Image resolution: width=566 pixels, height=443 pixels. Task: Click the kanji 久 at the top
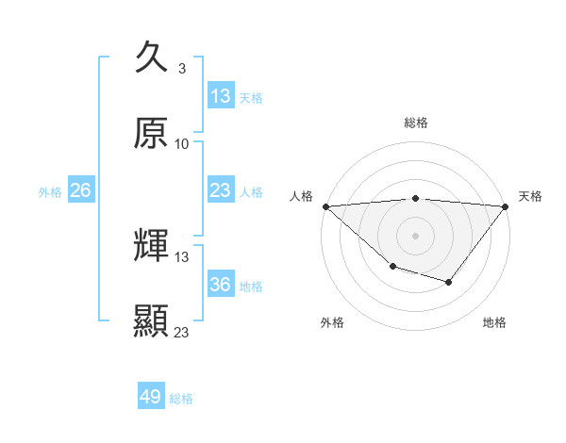tap(151, 58)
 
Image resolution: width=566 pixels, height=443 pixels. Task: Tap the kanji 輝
tap(151, 246)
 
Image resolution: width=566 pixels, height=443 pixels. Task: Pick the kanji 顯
tap(151, 320)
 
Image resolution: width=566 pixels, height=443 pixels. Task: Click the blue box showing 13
tap(220, 95)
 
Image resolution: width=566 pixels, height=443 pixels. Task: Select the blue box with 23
tap(220, 190)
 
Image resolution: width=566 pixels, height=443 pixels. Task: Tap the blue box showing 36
tap(220, 285)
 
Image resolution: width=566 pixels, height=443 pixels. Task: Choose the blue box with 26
tap(80, 190)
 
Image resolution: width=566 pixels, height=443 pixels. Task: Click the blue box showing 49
tap(151, 397)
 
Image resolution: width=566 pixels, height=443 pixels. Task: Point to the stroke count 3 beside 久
tap(181, 69)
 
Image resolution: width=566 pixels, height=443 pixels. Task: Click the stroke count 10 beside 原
tap(182, 143)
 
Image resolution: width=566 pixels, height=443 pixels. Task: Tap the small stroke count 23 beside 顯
tap(182, 332)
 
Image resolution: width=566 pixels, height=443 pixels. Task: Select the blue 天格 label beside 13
tap(251, 97)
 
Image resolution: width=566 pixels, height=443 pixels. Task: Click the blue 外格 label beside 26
tap(50, 192)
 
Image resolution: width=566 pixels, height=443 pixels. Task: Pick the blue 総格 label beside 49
tap(182, 399)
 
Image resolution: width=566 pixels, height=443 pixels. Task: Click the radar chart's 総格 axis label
tap(416, 123)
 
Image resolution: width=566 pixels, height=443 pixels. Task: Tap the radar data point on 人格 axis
tap(325, 205)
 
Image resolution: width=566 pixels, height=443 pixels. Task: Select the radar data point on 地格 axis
tap(449, 282)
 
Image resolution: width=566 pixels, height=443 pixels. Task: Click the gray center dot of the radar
tap(416, 235)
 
